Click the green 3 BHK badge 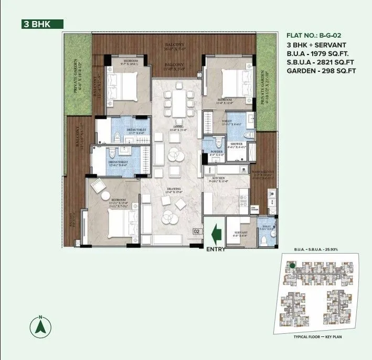point(42,24)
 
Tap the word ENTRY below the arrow point(216,249)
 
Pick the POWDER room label point(216,151)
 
